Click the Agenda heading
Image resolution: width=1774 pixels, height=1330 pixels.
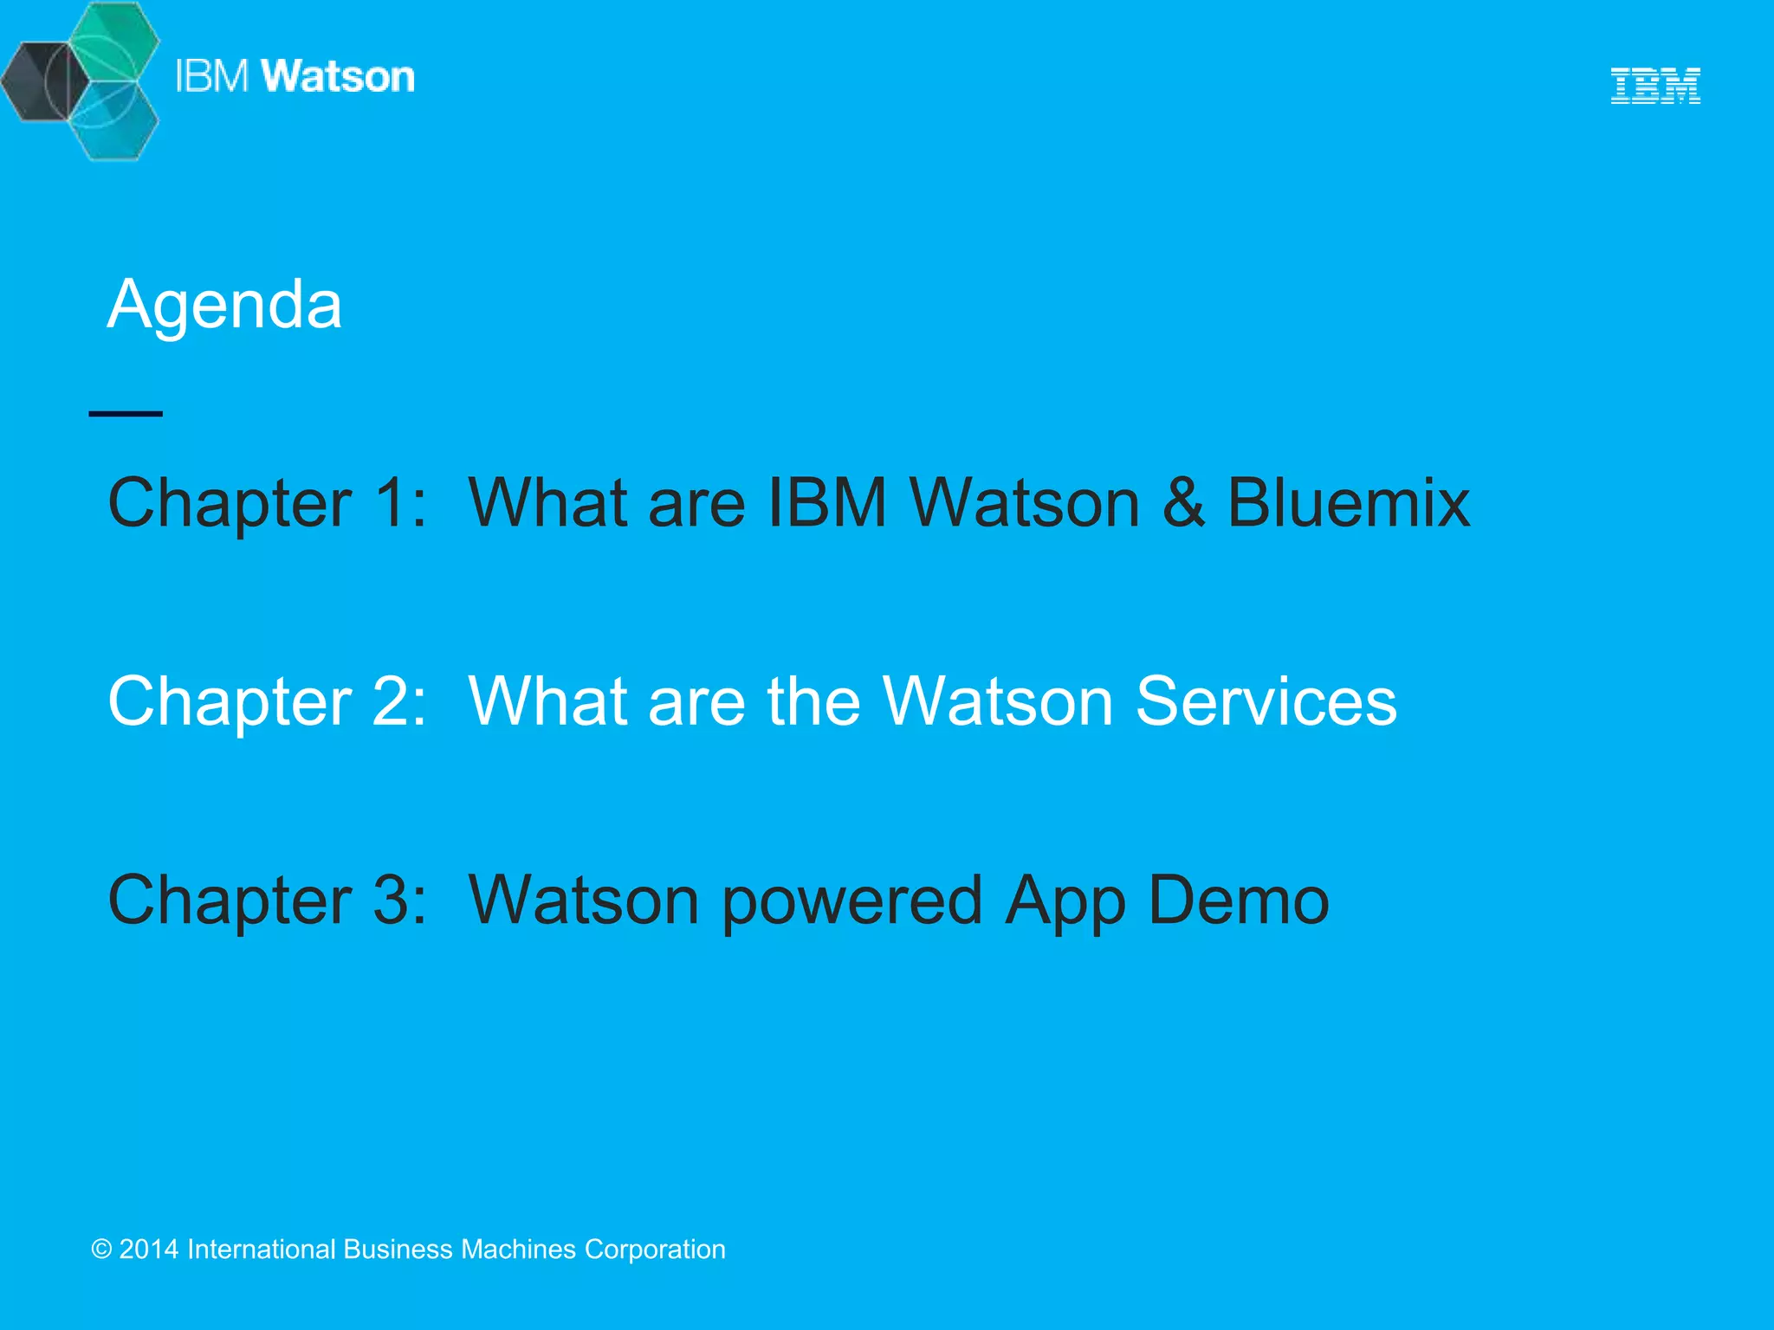pyautogui.click(x=224, y=305)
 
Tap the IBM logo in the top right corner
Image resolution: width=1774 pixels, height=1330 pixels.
pyautogui.click(x=1655, y=86)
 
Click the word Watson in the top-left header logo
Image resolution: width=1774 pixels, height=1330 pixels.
pyautogui.click(x=338, y=76)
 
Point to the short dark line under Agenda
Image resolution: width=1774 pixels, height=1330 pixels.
pyautogui.click(x=126, y=414)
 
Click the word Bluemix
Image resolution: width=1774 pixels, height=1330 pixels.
pyautogui.click(x=1349, y=502)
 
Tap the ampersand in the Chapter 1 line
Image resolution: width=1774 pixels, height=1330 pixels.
pyautogui.click(x=1183, y=502)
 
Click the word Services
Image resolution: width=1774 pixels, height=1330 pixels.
pyautogui.click(x=1266, y=701)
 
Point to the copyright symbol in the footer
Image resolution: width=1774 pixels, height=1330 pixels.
pyautogui.click(x=101, y=1249)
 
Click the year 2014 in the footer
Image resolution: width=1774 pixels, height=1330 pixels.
pyautogui.click(x=149, y=1249)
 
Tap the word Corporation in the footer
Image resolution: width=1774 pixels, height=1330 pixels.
pyautogui.click(x=655, y=1249)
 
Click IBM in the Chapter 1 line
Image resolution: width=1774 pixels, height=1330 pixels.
pyautogui.click(x=827, y=502)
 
